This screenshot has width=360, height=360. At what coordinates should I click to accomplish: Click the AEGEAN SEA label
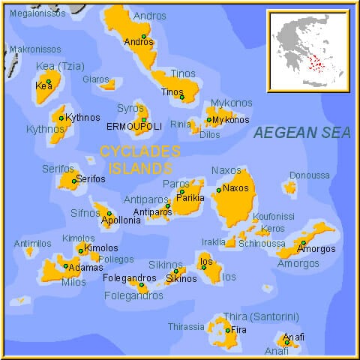tap(301, 133)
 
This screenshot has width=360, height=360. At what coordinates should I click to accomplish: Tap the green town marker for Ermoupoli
tap(143, 120)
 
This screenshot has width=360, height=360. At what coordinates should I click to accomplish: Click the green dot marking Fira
tap(228, 330)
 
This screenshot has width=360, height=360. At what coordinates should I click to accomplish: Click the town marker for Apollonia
tap(109, 214)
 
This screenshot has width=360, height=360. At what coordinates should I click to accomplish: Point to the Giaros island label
tap(95, 79)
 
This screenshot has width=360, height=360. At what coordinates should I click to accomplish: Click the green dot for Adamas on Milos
tap(66, 265)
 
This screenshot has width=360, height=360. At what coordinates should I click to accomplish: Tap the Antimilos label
tap(32, 244)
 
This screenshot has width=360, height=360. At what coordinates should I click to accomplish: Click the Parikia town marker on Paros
tap(181, 191)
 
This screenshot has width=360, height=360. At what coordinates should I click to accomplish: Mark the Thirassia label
tap(185, 327)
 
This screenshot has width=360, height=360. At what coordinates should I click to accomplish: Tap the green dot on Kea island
tap(49, 82)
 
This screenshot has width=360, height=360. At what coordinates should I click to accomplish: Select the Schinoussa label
tap(262, 243)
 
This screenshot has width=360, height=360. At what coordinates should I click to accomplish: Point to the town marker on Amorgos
tap(303, 242)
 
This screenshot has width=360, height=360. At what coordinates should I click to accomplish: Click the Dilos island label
tap(210, 135)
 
